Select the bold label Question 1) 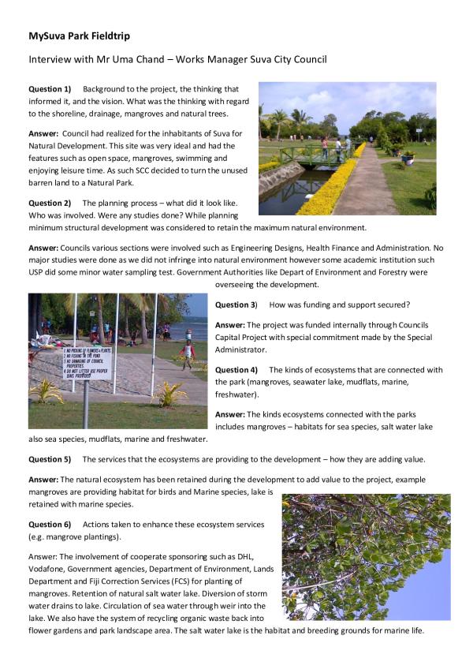50,89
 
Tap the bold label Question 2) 50,204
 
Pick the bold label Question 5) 50,459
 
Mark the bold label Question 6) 50,525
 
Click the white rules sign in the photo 86,362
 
